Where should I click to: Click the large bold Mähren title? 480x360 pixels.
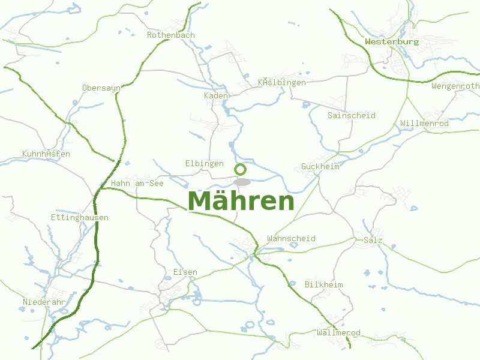[x=241, y=202]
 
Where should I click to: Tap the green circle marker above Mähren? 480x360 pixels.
[x=241, y=169]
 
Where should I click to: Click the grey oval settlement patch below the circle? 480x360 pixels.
[x=242, y=181]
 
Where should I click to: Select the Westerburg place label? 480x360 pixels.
[x=392, y=42]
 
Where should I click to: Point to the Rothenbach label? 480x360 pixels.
[x=171, y=35]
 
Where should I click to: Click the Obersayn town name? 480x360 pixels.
[x=102, y=88]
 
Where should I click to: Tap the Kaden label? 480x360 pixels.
[x=216, y=96]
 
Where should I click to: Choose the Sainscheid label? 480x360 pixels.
[x=352, y=115]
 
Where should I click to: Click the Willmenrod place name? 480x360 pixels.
[x=424, y=123]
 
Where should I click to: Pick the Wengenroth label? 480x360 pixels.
[x=455, y=86]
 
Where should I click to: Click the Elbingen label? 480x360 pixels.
[x=204, y=163]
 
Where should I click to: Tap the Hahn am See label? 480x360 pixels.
[x=137, y=183]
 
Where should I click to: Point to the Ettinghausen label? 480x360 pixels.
[x=80, y=217]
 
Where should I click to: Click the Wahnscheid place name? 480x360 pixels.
[x=291, y=238]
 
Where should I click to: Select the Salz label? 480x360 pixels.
[x=373, y=240]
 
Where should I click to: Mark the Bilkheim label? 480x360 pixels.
[x=324, y=284]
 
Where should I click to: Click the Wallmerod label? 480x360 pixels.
[x=338, y=332]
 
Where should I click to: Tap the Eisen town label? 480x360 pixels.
[x=185, y=272]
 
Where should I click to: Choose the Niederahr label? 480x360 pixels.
[x=44, y=301]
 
